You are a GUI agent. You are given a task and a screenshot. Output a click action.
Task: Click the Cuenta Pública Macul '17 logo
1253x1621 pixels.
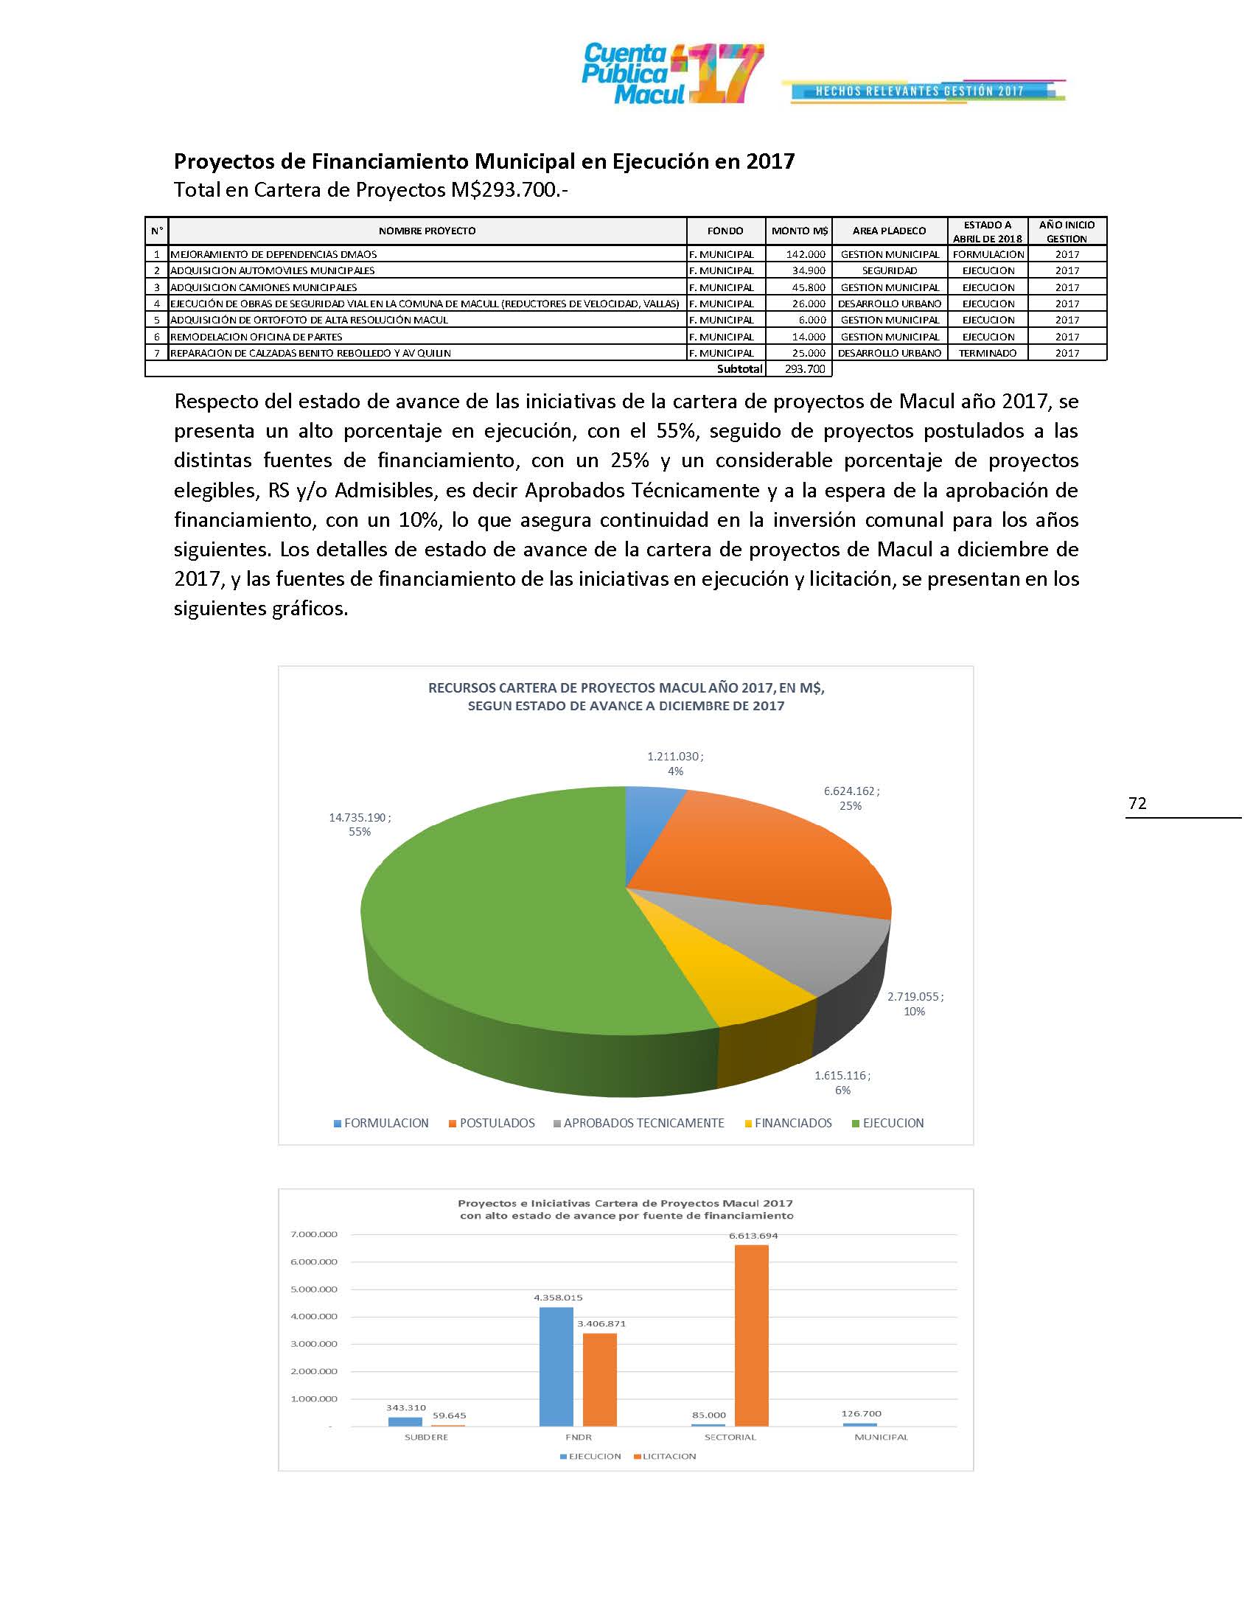tap(671, 74)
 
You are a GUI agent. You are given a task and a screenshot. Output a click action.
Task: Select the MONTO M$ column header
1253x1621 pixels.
tap(800, 231)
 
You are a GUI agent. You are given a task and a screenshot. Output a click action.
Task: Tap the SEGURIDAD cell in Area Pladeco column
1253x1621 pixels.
tap(890, 271)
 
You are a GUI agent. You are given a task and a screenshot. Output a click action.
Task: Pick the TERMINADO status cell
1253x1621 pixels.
tap(987, 353)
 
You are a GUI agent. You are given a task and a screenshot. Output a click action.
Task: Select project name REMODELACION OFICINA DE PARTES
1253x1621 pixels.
tap(256, 337)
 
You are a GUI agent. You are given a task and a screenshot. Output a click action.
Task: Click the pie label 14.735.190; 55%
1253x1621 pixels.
tap(360, 824)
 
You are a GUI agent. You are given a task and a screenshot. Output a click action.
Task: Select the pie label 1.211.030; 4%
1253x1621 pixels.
tap(674, 763)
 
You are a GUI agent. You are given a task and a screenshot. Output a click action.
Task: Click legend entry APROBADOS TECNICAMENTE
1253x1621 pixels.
tap(643, 1123)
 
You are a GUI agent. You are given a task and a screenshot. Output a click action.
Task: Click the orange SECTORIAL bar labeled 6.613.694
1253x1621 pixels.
tap(751, 1336)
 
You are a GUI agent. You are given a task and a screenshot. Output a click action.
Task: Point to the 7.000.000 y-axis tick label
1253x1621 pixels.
tap(314, 1234)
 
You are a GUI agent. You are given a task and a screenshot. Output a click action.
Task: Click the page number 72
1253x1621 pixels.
tap(1137, 803)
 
